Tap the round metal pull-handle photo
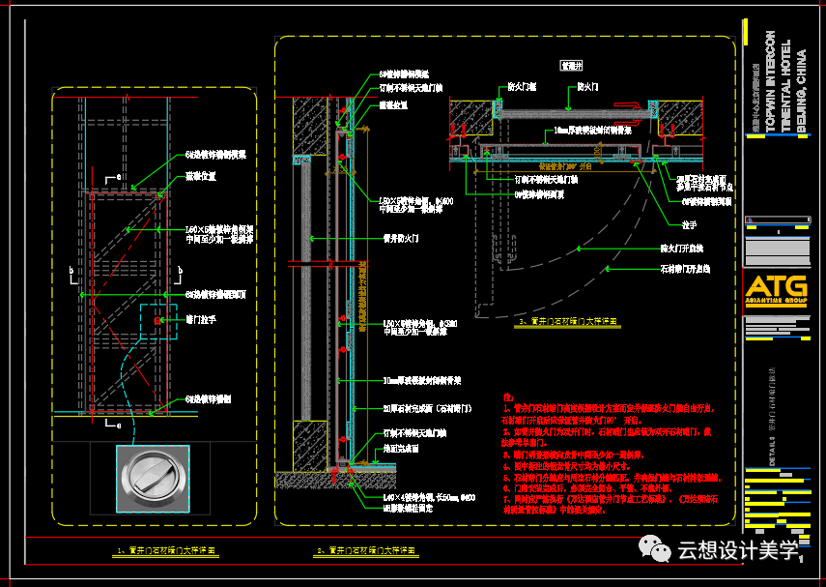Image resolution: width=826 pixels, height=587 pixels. [x=153, y=479]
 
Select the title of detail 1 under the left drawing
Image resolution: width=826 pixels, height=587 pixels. [x=166, y=550]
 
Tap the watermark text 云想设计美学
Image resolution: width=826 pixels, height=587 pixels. [x=738, y=551]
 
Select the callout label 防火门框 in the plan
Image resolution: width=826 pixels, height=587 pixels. [x=523, y=87]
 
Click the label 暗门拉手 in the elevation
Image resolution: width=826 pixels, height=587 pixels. [x=201, y=317]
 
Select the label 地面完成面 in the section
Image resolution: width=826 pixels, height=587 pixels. [x=398, y=449]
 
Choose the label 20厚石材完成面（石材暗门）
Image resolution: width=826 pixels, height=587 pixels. [x=423, y=409]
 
